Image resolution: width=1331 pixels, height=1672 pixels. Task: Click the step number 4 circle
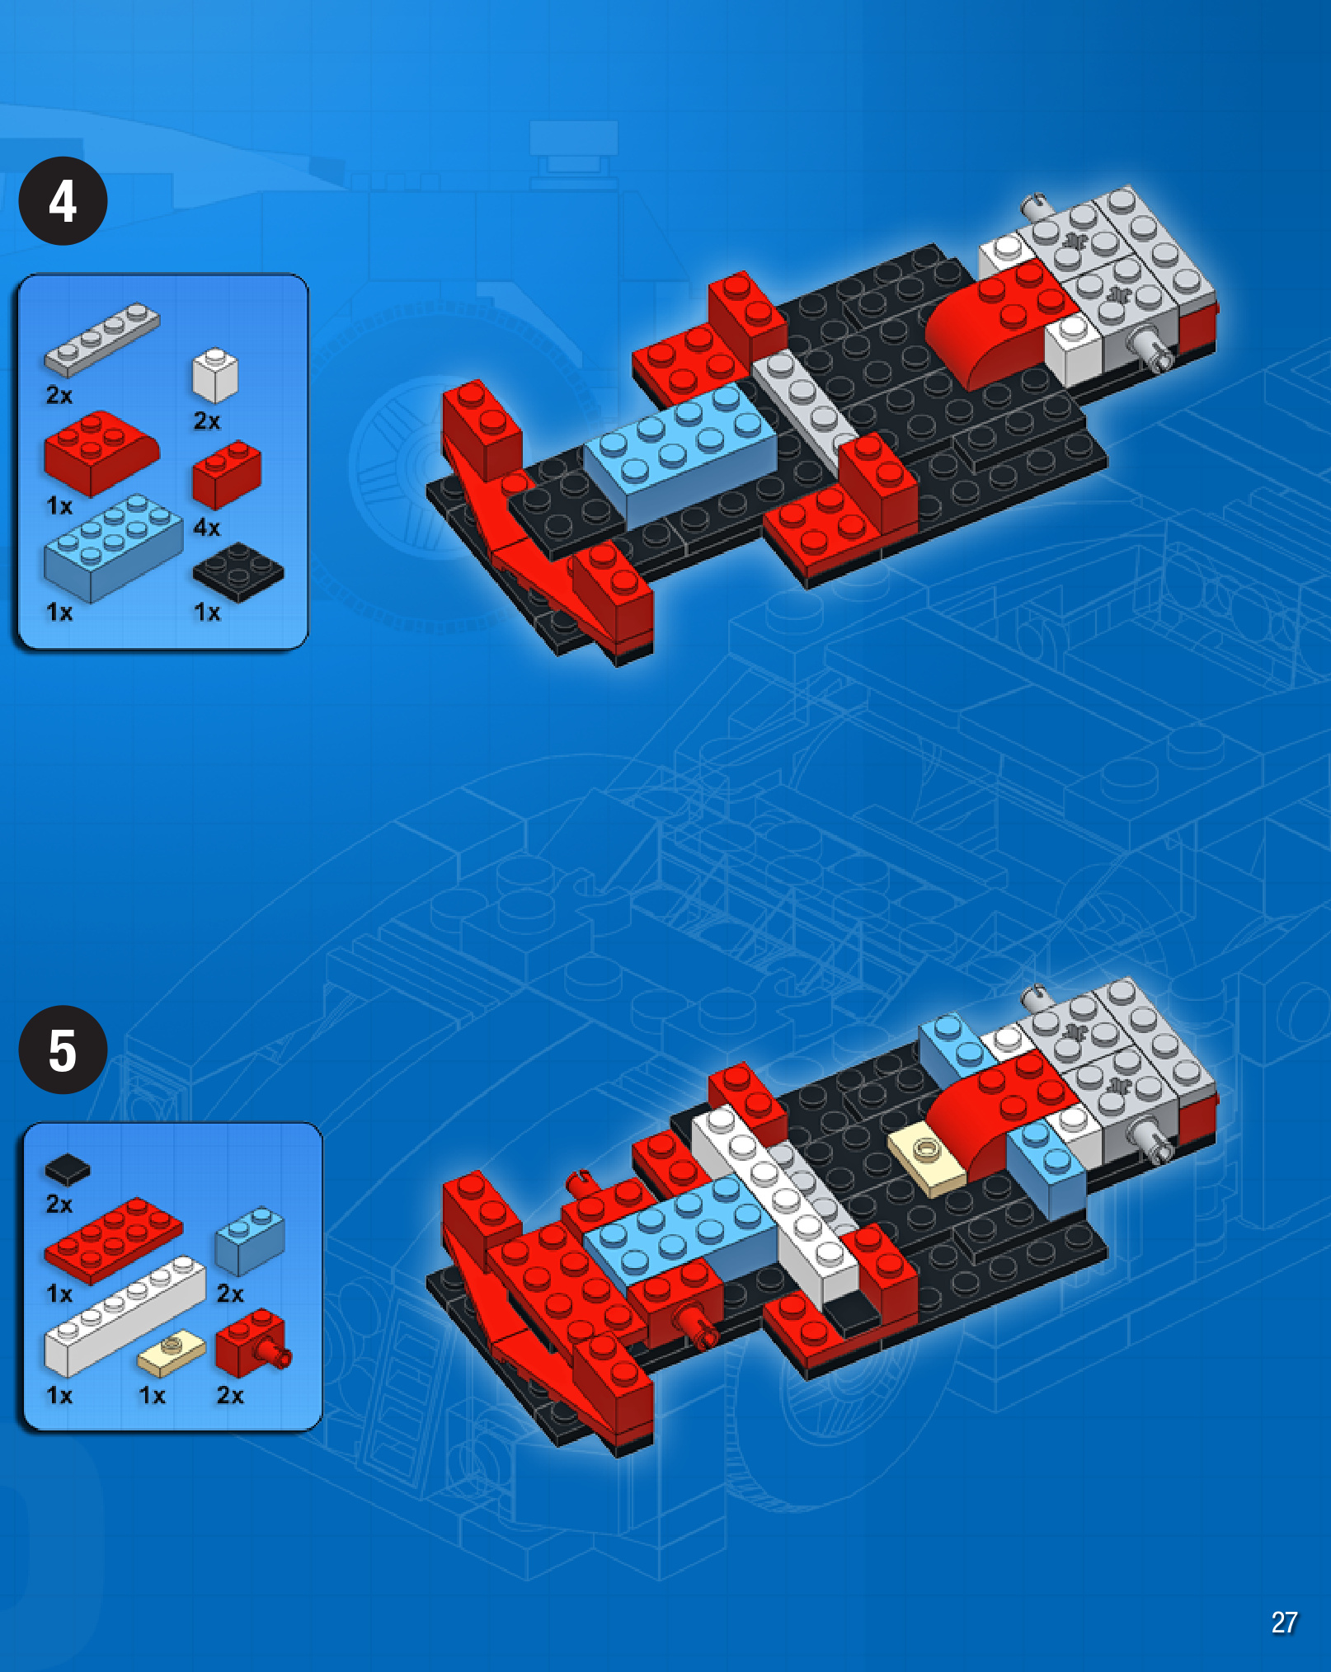(63, 200)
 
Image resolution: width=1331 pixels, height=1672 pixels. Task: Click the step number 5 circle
(63, 1050)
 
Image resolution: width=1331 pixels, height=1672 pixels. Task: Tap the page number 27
(1284, 1623)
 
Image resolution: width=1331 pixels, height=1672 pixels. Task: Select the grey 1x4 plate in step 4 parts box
(102, 338)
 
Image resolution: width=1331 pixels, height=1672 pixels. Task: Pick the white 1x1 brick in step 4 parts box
(214, 375)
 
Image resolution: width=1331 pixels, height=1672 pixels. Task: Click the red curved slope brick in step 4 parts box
(101, 453)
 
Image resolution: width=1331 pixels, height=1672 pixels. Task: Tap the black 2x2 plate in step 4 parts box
(238, 571)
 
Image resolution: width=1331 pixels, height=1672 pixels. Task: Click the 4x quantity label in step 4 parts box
(207, 527)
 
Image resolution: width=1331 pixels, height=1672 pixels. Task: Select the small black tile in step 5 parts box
(68, 1168)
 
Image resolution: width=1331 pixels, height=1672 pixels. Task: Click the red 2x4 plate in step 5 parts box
(113, 1239)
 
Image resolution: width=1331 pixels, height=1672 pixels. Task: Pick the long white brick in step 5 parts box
(124, 1317)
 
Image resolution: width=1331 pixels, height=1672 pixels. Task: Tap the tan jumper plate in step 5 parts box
(172, 1353)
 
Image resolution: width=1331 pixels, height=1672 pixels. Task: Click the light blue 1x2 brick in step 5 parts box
(250, 1239)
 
